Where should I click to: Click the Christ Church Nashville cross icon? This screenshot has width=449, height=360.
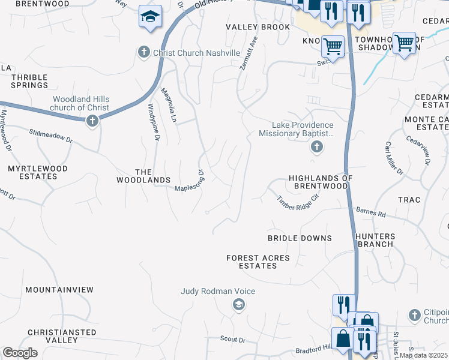click(x=144, y=53)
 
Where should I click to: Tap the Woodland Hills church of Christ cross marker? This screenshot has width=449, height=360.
click(x=92, y=121)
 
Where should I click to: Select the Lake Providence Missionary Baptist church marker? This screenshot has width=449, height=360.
click(x=316, y=147)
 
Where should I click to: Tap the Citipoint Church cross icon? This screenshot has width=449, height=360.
click(x=414, y=315)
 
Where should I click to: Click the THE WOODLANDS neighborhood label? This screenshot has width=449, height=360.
click(x=143, y=176)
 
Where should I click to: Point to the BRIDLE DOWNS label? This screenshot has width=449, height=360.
click(x=300, y=238)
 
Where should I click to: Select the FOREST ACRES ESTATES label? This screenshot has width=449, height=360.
click(x=258, y=262)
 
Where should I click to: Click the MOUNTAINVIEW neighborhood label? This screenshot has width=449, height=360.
click(x=59, y=290)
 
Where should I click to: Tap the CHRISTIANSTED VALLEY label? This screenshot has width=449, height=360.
click(x=62, y=336)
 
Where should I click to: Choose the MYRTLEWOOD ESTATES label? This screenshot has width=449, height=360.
click(x=37, y=173)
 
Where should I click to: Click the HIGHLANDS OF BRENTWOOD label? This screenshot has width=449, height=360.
click(x=318, y=182)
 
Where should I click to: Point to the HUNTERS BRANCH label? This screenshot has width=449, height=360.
click(x=375, y=240)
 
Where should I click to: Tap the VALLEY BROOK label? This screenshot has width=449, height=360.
click(x=258, y=28)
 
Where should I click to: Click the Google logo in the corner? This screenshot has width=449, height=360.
click(x=20, y=353)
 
